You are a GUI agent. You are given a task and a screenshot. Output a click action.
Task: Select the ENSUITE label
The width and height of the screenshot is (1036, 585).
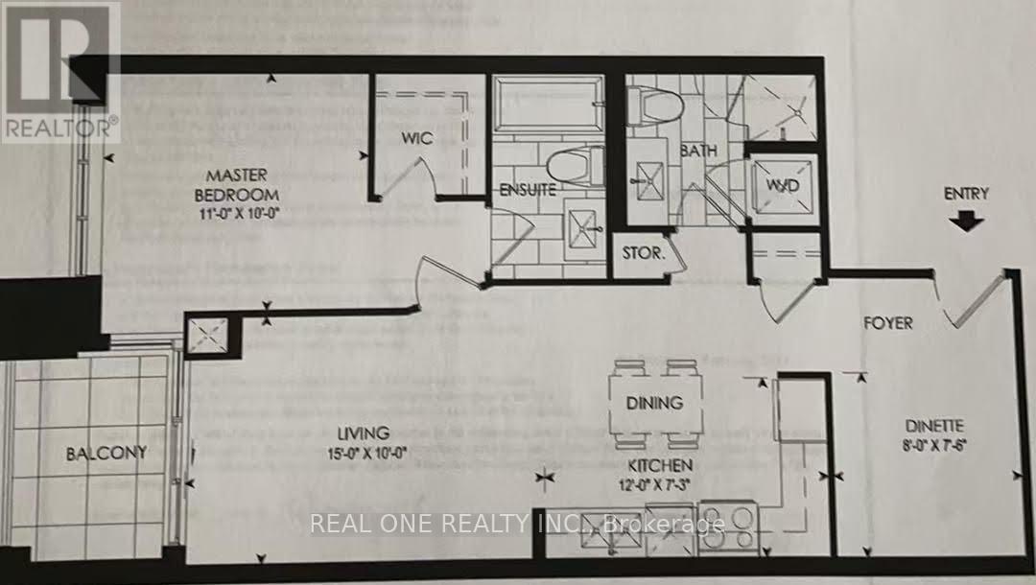(528, 190)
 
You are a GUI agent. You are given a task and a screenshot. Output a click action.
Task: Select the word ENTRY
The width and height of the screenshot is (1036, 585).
(966, 193)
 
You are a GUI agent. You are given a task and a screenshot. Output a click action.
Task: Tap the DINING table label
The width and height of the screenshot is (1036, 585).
(656, 403)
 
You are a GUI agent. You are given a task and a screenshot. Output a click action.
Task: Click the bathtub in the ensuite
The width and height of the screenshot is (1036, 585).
(548, 105)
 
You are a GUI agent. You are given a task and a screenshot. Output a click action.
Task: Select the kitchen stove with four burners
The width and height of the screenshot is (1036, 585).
(729, 526)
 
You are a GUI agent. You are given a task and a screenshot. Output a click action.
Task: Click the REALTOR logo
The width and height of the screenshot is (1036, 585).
(60, 71)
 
